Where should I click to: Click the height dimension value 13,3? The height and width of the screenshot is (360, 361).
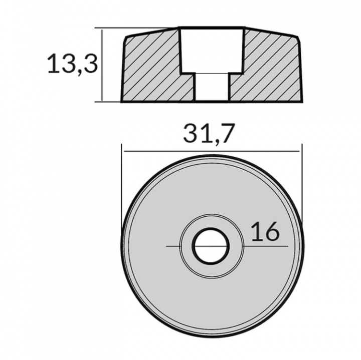(x=72, y=65)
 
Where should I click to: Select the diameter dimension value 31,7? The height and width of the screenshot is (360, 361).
(x=209, y=135)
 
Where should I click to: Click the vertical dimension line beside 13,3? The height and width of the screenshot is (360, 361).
(x=102, y=65)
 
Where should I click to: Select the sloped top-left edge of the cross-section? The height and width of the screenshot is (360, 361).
(x=151, y=31)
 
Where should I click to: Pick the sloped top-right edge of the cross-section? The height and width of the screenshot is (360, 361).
(x=273, y=31)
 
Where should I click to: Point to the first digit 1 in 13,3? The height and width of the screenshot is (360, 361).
(x=52, y=65)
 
